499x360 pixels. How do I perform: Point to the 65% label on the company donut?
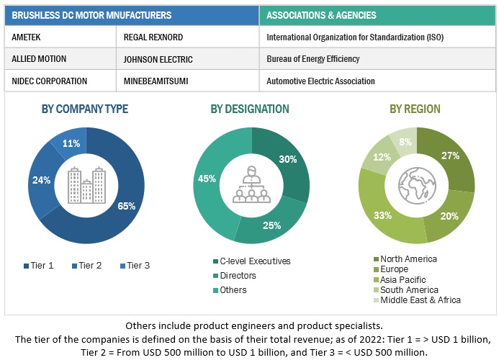127,206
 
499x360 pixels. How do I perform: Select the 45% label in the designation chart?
207,179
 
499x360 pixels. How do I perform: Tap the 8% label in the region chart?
405,141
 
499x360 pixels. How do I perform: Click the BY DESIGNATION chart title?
250,109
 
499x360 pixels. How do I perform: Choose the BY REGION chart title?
415,109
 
